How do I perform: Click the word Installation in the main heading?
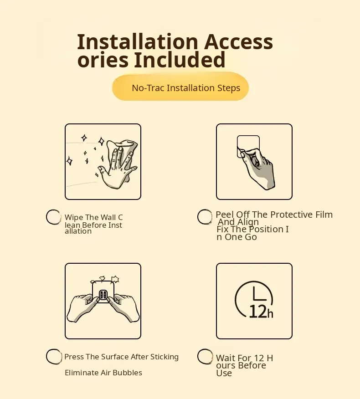138,41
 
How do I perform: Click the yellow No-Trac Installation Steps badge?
180,87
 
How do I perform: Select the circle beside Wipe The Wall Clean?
53,217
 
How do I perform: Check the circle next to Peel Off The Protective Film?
205,217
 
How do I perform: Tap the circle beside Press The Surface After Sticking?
54,356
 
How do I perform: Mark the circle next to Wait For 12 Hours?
205,356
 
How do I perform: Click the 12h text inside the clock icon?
261,312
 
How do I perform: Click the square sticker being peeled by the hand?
248,144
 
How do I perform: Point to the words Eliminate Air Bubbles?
103,373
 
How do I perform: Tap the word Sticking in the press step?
165,357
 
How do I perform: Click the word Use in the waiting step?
224,373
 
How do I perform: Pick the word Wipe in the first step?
74,218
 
